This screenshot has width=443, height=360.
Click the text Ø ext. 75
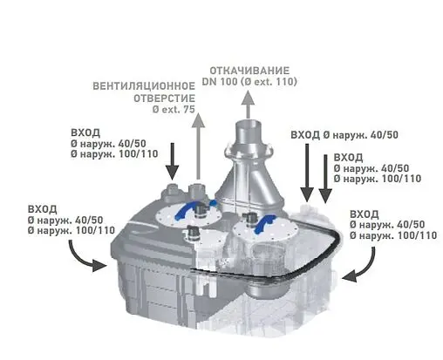tap(174, 111)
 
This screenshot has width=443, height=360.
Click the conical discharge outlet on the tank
tap(249, 170)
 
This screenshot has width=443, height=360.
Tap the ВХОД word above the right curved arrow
tap(363, 214)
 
